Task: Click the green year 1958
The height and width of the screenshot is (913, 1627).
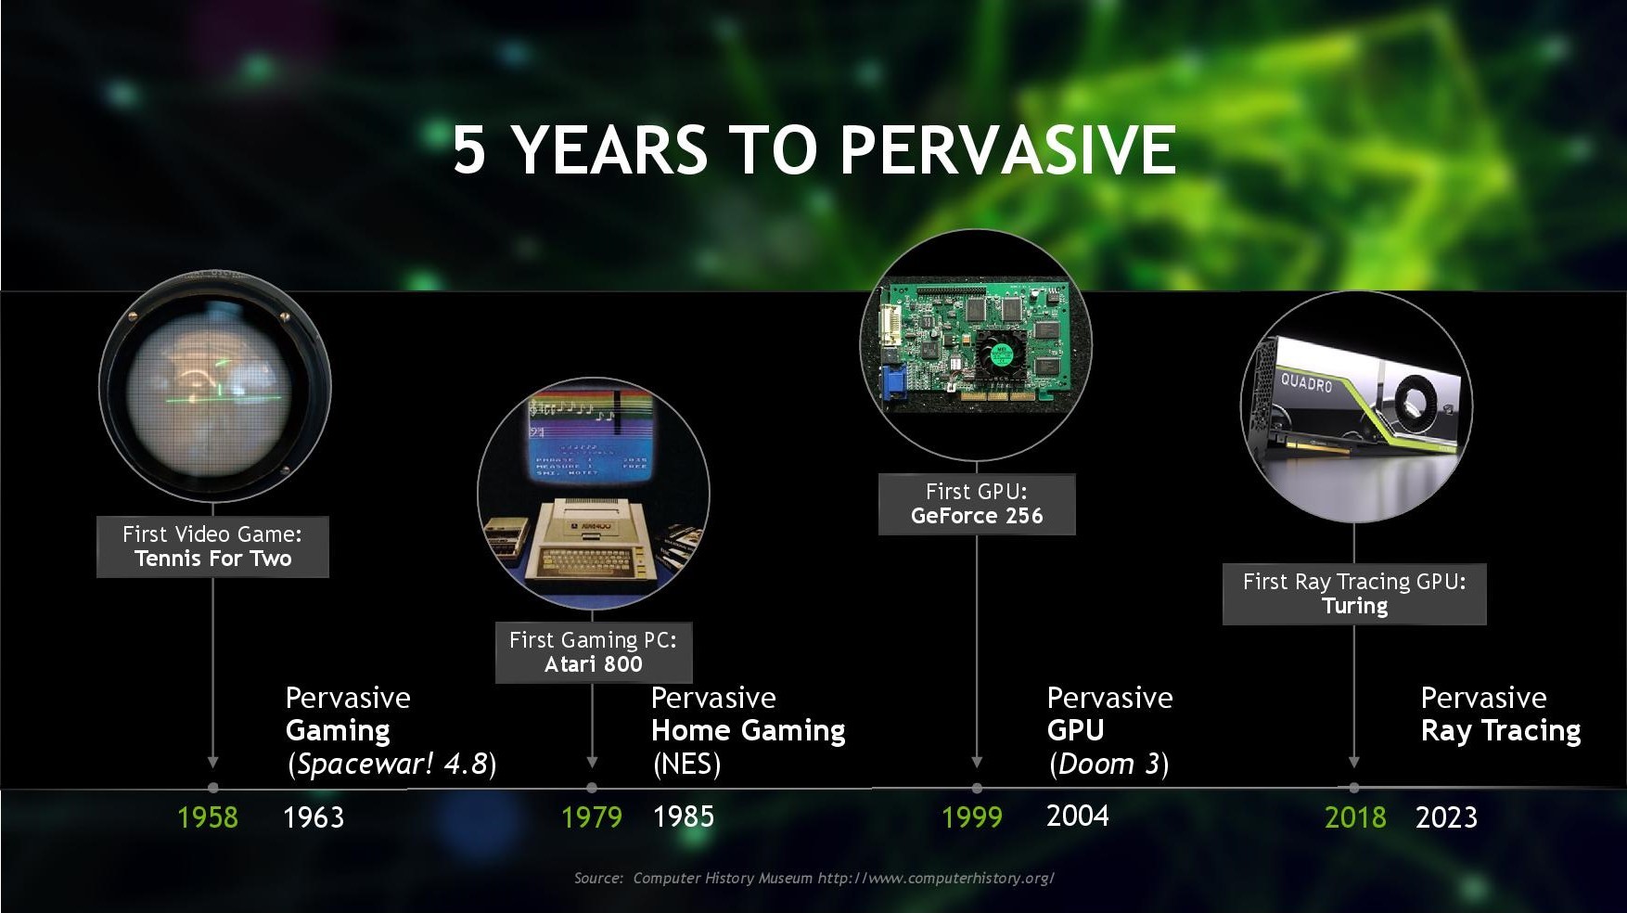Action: click(x=208, y=817)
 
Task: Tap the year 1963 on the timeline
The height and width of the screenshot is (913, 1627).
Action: click(x=314, y=817)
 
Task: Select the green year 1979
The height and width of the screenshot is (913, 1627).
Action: click(x=592, y=817)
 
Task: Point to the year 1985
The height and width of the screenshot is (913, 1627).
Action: click(x=684, y=817)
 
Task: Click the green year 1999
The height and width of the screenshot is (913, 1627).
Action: click(x=972, y=817)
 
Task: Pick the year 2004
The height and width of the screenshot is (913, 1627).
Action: click(x=1078, y=816)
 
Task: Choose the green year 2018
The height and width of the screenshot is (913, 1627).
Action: click(x=1355, y=817)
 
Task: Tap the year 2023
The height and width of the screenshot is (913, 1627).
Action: click(x=1446, y=817)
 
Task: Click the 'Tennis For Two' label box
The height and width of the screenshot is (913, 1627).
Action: click(x=212, y=547)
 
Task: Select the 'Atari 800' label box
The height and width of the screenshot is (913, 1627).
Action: click(x=594, y=652)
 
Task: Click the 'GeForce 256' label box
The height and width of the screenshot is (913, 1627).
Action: click(x=977, y=504)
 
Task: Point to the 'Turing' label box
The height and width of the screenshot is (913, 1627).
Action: click(x=1354, y=594)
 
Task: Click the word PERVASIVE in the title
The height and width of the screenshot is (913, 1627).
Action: click(x=1008, y=149)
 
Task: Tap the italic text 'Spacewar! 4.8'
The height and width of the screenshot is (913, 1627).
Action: click(x=392, y=764)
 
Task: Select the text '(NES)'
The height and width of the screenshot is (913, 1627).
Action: click(x=686, y=764)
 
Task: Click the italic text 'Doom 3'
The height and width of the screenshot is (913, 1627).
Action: click(x=1109, y=764)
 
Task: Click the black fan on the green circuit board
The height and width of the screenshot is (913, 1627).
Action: click(x=1001, y=354)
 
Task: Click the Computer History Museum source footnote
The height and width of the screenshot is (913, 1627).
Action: click(x=813, y=878)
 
